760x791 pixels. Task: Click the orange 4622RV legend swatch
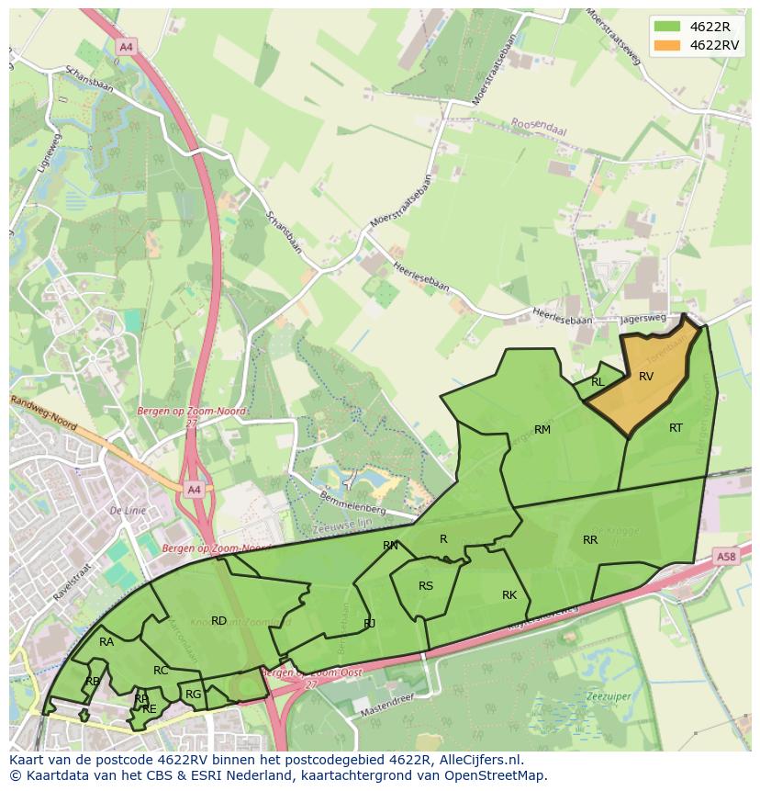668,45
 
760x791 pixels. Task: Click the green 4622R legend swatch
668,26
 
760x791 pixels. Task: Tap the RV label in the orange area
646,377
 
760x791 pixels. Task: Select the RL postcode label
598,382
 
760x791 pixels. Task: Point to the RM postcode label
542,430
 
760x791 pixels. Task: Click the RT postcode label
676,428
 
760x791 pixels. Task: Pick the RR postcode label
590,540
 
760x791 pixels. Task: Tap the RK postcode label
509,595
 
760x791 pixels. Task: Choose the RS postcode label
426,586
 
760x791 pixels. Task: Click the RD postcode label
218,621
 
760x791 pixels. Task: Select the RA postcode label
106,642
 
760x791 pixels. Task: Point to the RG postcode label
193,695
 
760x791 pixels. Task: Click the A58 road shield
726,557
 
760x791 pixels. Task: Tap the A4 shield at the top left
126,46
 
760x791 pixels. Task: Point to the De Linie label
129,510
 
